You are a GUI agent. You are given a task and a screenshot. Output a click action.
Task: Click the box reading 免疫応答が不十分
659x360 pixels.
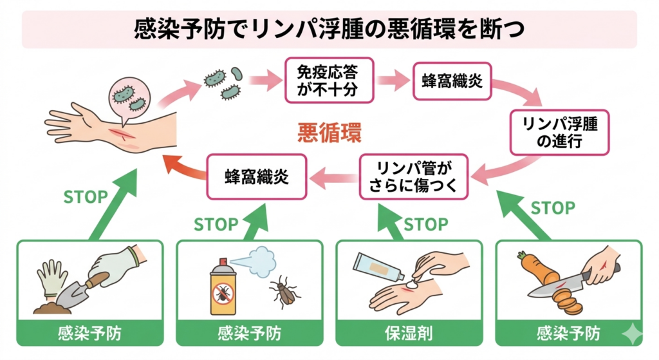[x=328, y=79]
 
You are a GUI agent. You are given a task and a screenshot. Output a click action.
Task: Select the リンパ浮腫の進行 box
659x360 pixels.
[x=559, y=132]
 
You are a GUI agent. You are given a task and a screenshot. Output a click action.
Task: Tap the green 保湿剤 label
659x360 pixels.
[x=409, y=334]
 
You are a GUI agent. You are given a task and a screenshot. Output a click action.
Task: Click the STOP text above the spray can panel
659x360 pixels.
[x=216, y=225]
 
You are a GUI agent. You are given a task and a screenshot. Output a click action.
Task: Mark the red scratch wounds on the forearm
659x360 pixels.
[x=122, y=136]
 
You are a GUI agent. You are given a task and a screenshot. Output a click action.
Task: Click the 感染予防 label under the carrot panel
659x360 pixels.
[x=568, y=334]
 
